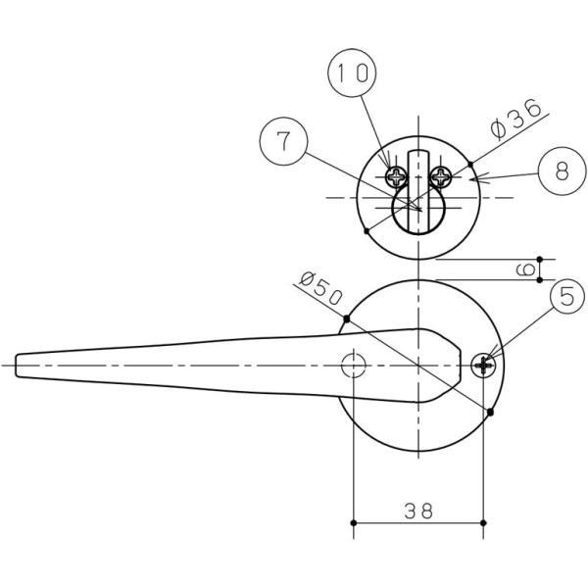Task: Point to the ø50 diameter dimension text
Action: point(321,288)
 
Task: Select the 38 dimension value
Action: point(418,511)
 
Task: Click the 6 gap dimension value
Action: point(525,269)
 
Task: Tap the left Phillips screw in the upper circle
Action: point(396,176)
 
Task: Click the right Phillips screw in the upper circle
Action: point(441,176)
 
